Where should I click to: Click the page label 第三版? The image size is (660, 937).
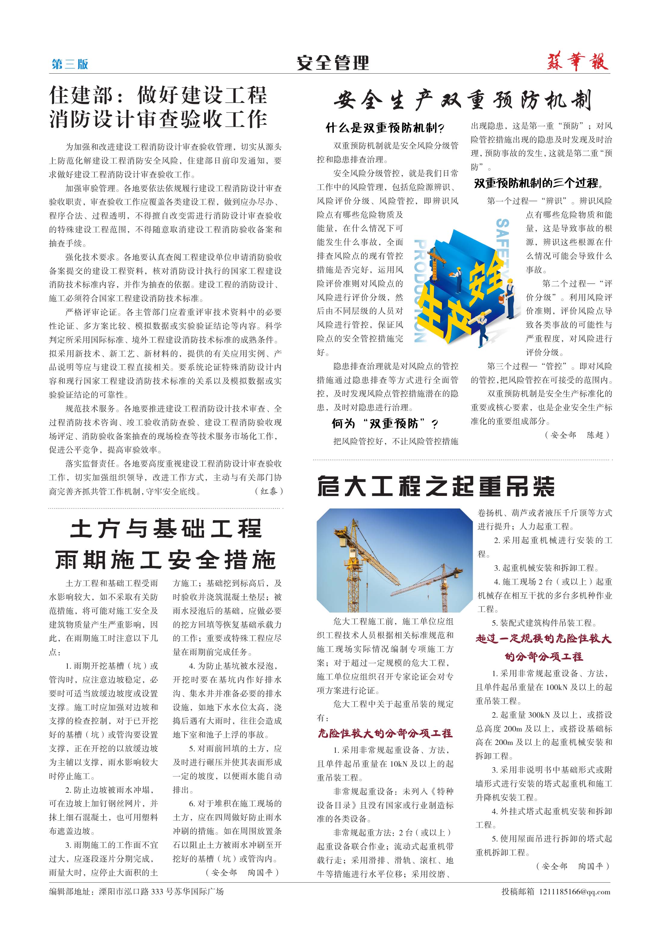[70, 64]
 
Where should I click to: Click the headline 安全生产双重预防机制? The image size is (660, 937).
[462, 100]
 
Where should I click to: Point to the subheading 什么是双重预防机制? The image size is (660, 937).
[385, 128]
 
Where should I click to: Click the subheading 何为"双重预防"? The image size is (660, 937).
[385, 424]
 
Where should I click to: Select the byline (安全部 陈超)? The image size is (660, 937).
[577, 435]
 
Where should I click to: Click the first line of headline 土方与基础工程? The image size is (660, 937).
[165, 529]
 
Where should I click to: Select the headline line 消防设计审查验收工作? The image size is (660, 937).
[158, 120]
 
